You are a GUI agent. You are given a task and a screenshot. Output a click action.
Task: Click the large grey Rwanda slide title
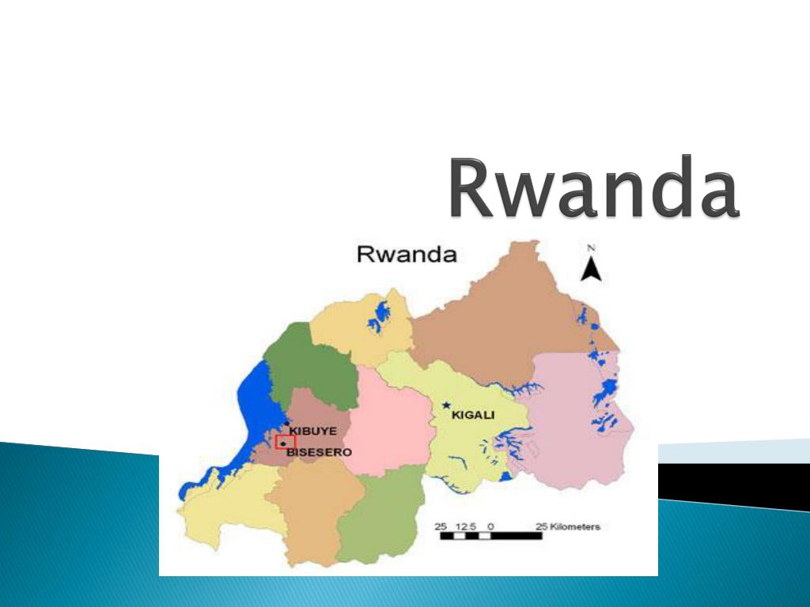point(594,189)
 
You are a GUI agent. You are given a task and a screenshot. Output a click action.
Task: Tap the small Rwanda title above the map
point(407,254)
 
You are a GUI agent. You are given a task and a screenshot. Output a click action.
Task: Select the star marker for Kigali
point(446,405)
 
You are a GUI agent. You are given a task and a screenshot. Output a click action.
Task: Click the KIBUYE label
point(313,431)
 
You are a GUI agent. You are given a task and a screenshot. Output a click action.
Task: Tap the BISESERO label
point(319,452)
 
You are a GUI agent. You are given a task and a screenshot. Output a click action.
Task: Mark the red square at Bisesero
point(284,443)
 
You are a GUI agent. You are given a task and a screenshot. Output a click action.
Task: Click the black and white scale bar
point(490,536)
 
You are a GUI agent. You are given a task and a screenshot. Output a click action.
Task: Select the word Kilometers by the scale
point(575,526)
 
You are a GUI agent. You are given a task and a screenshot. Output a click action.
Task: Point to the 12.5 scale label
point(467,526)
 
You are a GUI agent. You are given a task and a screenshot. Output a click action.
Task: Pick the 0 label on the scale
point(491,526)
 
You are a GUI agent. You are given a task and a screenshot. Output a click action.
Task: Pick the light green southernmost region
point(380,522)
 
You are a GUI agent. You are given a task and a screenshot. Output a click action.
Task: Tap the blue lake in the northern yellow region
point(380,316)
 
